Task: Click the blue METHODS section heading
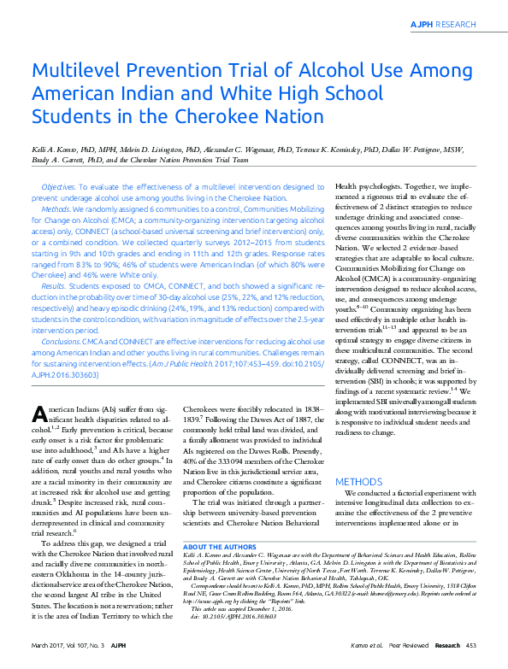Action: pyautogui.click(x=358, y=482)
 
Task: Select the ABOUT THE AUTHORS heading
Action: pyautogui.click(x=221, y=522)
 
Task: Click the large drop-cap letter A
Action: pyautogui.click(x=39, y=414)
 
